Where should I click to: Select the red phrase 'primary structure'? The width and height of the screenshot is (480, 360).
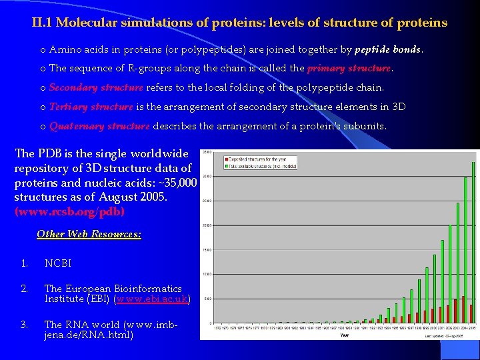coord(349,68)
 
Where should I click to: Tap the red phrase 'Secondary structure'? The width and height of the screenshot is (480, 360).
coord(96,87)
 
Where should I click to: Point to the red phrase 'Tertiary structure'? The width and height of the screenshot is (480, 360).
coord(91,107)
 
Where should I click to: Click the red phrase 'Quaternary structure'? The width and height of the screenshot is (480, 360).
coord(99,126)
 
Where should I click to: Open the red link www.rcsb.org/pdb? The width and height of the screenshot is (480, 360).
coord(69,212)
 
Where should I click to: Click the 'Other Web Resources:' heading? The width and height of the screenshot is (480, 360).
coord(89,234)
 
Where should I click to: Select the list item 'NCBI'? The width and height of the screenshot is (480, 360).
coord(57,263)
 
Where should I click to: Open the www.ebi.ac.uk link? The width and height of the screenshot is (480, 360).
coord(153,299)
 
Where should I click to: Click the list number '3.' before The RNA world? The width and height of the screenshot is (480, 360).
coord(24,325)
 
